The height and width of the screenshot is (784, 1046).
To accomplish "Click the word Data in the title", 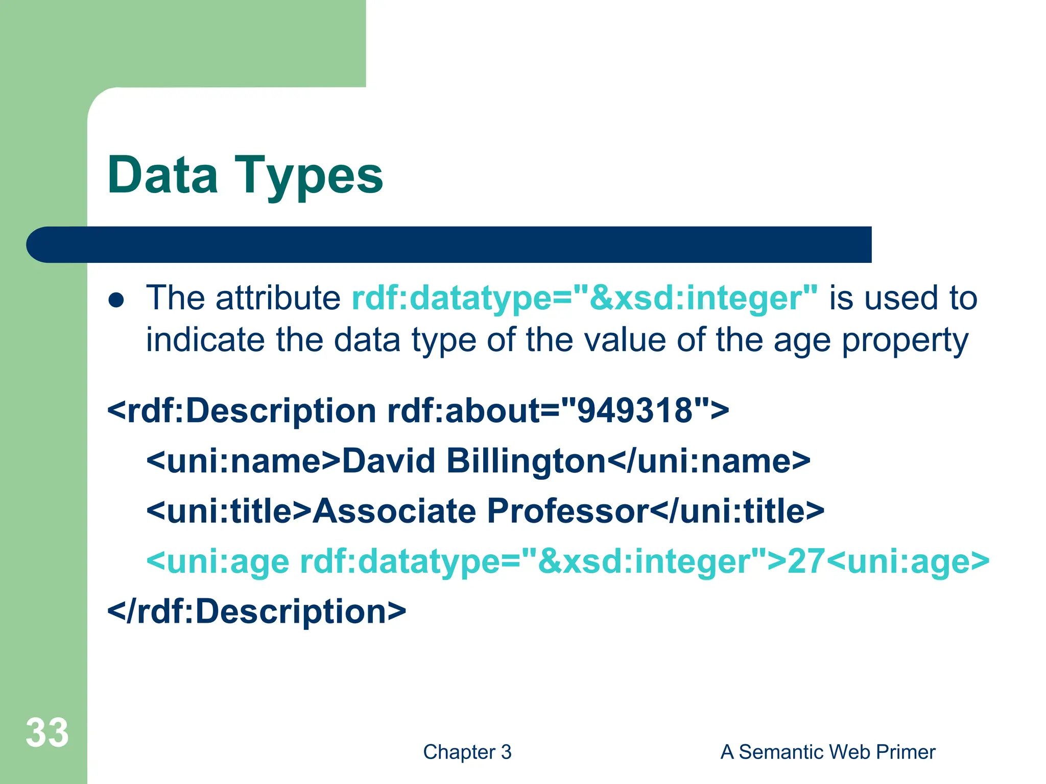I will coord(162,175).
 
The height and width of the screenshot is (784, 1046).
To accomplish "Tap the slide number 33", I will coord(47,733).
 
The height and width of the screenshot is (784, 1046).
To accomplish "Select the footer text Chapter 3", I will coord(467,752).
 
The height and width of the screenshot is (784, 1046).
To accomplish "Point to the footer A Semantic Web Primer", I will coord(827,752).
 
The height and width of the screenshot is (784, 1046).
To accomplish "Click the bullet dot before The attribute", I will coord(116,300).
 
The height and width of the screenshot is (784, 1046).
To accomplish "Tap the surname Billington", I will coord(526,461).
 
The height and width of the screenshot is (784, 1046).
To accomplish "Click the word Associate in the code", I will coord(394,511).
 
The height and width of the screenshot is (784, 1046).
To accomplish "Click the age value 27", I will coord(806,561).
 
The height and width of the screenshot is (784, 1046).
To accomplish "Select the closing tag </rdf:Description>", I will coord(256,611).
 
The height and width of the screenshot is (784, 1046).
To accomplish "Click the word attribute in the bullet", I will coord(278,298).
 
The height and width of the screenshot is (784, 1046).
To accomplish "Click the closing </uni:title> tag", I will coord(738,511).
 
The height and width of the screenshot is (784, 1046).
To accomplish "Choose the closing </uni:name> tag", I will coord(709,461).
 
